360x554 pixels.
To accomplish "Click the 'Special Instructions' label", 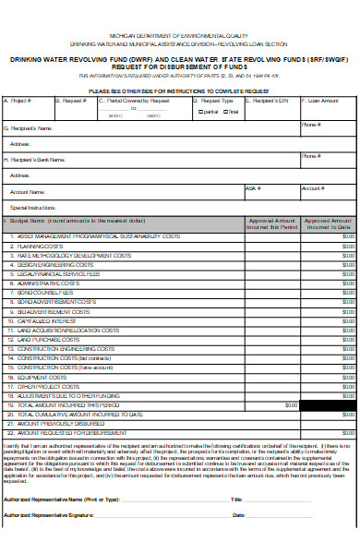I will (33, 208).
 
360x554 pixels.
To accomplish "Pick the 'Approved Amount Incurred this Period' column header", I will (272, 224).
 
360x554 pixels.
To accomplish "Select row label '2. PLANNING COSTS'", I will (38, 247).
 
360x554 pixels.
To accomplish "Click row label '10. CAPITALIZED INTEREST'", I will (45, 320).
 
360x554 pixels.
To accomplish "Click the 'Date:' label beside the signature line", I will (238, 514).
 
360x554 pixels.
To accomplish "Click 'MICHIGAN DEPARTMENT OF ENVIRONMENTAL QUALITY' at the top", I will (179, 33).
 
